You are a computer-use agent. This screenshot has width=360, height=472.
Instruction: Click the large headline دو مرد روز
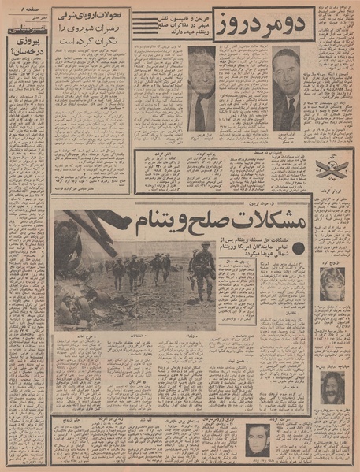tap(258, 28)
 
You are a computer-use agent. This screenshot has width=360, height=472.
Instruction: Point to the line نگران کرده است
tap(91, 44)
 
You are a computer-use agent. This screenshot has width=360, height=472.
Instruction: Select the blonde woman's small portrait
tap(332, 283)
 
